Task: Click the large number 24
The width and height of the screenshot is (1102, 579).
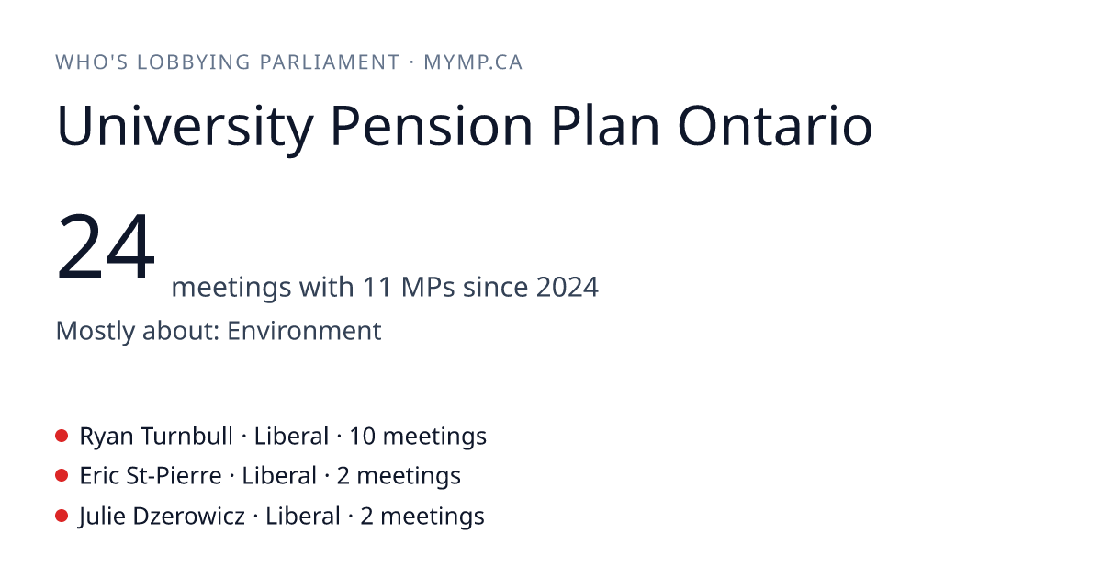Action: coord(106,245)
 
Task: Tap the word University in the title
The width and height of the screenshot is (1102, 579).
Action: coord(185,127)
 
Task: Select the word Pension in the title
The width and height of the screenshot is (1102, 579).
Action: coord(432,126)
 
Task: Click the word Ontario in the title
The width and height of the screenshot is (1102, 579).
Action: coord(775,126)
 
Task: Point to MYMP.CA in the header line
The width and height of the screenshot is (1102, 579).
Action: coord(473,62)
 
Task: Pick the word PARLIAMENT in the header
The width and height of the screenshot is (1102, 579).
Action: coord(330,62)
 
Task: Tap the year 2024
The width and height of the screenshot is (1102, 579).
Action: coord(568,287)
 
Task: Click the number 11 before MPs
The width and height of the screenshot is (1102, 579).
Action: coord(377,287)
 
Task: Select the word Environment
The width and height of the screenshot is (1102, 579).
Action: coord(304,331)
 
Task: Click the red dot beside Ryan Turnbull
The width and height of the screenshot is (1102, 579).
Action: coord(62,436)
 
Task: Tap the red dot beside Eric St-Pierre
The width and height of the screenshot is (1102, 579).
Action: coord(62,476)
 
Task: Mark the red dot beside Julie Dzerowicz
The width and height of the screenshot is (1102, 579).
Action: coord(62,516)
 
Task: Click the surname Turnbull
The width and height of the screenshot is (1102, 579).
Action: coord(186,437)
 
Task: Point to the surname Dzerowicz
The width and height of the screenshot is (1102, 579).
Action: coord(189,517)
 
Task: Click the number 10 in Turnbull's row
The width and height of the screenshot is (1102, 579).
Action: coord(362,437)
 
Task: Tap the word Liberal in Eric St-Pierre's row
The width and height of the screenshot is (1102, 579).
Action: coord(279,476)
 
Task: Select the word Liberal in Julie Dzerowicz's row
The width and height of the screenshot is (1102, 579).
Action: coord(302,517)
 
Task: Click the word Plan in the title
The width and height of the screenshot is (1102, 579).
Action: coord(604,126)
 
